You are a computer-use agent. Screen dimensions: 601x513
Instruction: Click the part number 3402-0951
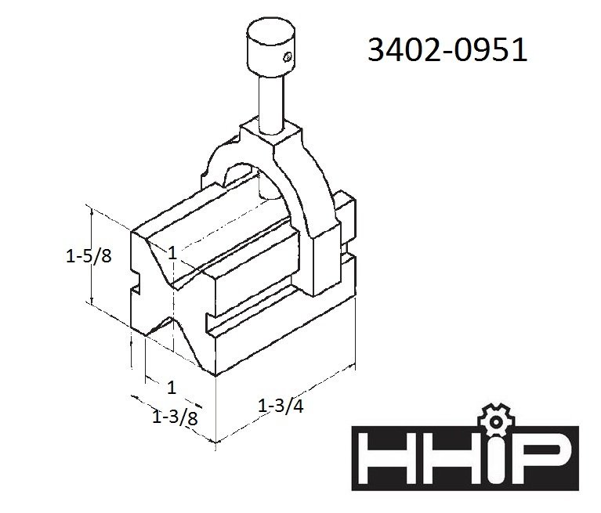[x=447, y=50]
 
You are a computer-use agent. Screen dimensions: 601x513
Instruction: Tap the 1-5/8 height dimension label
[x=89, y=255]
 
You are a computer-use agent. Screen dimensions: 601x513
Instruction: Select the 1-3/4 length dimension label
[x=281, y=406]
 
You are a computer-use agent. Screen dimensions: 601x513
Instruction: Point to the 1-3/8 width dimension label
[x=175, y=417]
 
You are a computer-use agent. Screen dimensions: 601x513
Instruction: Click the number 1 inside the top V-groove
[x=172, y=253]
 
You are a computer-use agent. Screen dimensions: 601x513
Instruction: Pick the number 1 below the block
[x=172, y=388]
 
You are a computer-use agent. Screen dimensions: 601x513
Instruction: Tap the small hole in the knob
[x=288, y=57]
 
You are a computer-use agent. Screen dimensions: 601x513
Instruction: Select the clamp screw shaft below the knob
[x=271, y=103]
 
